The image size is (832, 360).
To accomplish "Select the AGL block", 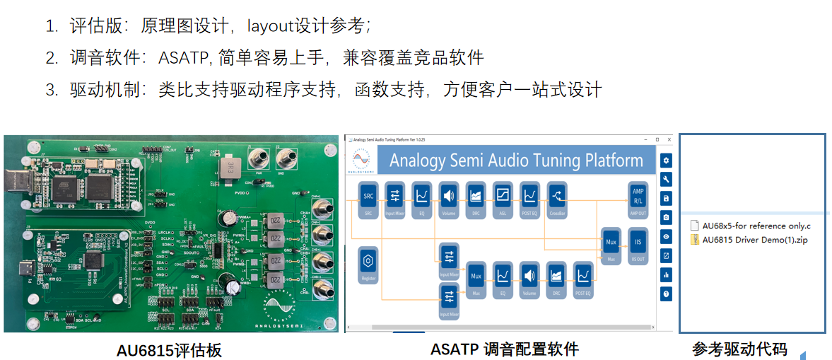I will tap(503, 197).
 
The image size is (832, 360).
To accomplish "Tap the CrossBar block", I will tap(557, 197).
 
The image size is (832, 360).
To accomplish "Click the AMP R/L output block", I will tap(638, 197).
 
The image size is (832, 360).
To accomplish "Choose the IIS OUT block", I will tap(638, 245).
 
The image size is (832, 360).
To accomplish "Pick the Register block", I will tap(368, 265).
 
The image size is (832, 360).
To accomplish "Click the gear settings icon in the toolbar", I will tap(666, 161).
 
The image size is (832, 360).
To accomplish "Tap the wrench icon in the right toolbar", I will tap(666, 180).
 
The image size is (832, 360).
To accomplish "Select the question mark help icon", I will tap(666, 294).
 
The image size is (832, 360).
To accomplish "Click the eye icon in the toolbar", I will tap(666, 236).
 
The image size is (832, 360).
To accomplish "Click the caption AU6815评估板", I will tap(169, 349).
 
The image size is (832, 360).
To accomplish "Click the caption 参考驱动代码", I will tap(739, 349).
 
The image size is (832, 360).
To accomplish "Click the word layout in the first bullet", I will tap(269, 26).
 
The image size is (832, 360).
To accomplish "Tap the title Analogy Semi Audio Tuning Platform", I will tap(516, 161).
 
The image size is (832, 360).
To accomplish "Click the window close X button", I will tap(669, 139).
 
